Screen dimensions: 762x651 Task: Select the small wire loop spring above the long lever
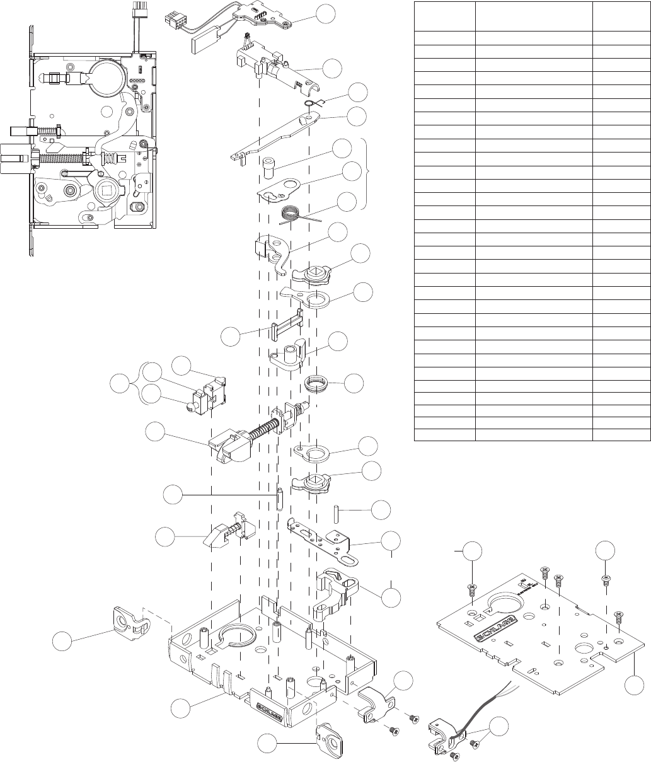(x=310, y=104)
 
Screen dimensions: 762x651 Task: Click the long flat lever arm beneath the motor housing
(x=278, y=135)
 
